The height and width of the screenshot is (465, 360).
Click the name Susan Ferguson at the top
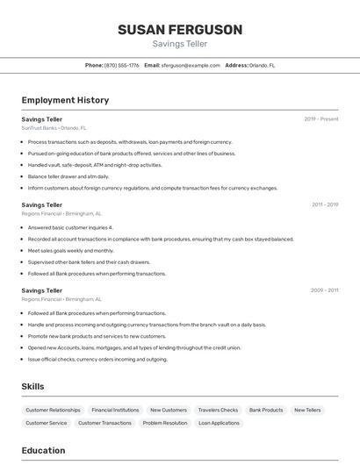click(x=180, y=30)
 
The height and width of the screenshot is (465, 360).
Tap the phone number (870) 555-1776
click(x=121, y=65)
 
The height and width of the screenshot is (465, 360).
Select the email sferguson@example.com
click(x=190, y=65)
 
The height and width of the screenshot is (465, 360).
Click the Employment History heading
click(x=65, y=100)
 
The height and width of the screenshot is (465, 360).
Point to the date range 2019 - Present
click(x=320, y=118)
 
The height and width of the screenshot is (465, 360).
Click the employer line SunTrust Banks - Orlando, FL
click(x=54, y=127)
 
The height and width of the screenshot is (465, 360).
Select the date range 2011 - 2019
click(x=324, y=204)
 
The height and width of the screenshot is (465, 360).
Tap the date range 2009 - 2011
click(x=324, y=290)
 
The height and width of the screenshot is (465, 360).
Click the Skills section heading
click(x=32, y=386)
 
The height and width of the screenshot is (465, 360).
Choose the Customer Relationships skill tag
click(x=53, y=410)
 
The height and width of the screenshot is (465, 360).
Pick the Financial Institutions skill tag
click(x=115, y=410)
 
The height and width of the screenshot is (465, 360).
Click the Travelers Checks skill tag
click(x=218, y=410)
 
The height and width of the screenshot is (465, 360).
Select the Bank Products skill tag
click(x=266, y=410)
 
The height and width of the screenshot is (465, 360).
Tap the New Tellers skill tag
click(x=307, y=410)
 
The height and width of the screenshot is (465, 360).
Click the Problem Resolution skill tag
click(x=165, y=423)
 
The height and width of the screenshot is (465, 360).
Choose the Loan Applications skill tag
click(x=219, y=423)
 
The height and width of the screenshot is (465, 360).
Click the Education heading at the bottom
click(x=43, y=450)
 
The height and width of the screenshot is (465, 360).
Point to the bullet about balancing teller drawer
click(x=68, y=176)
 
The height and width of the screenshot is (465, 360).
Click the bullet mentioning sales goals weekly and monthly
click(x=71, y=250)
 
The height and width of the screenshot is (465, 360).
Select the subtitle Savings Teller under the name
click(x=180, y=43)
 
